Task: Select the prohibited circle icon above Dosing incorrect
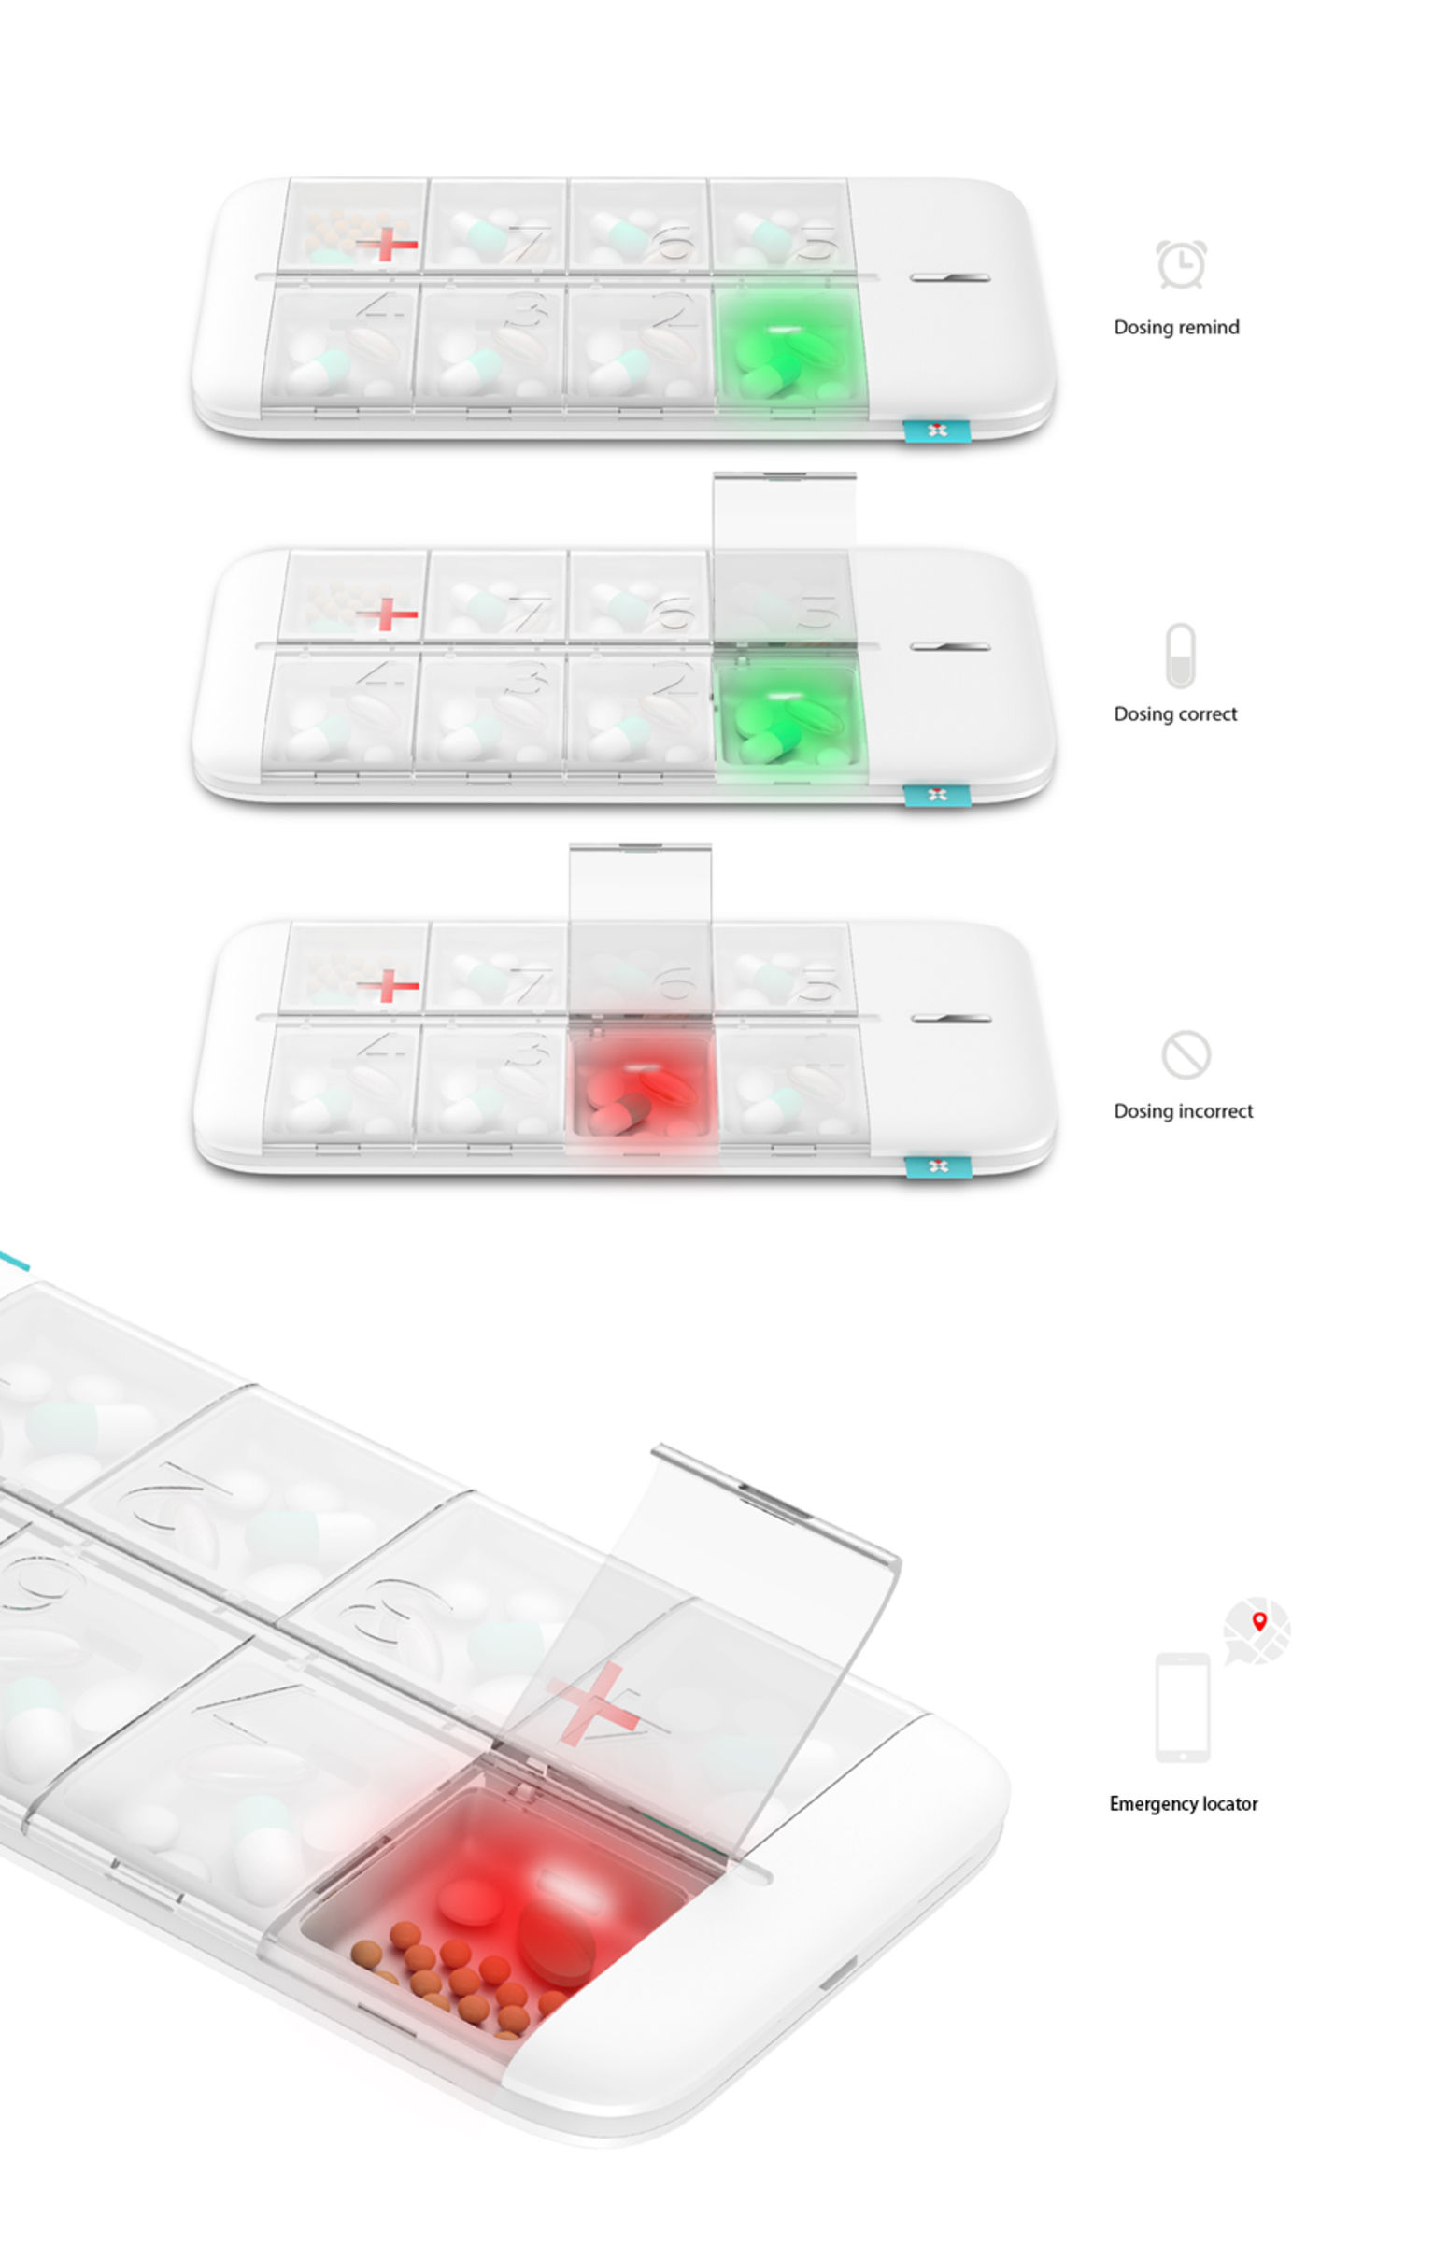[1186, 1054]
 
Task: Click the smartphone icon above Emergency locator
[1182, 1706]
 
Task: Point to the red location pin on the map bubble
[1259, 1620]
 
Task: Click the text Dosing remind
[1176, 328]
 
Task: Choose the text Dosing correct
[1175, 713]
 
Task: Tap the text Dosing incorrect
[1183, 1110]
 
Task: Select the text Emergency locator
[1183, 1803]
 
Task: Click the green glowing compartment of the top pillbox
[788, 348]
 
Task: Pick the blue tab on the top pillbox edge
[936, 431]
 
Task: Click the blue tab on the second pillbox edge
[936, 796]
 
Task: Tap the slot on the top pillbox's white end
[950, 277]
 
